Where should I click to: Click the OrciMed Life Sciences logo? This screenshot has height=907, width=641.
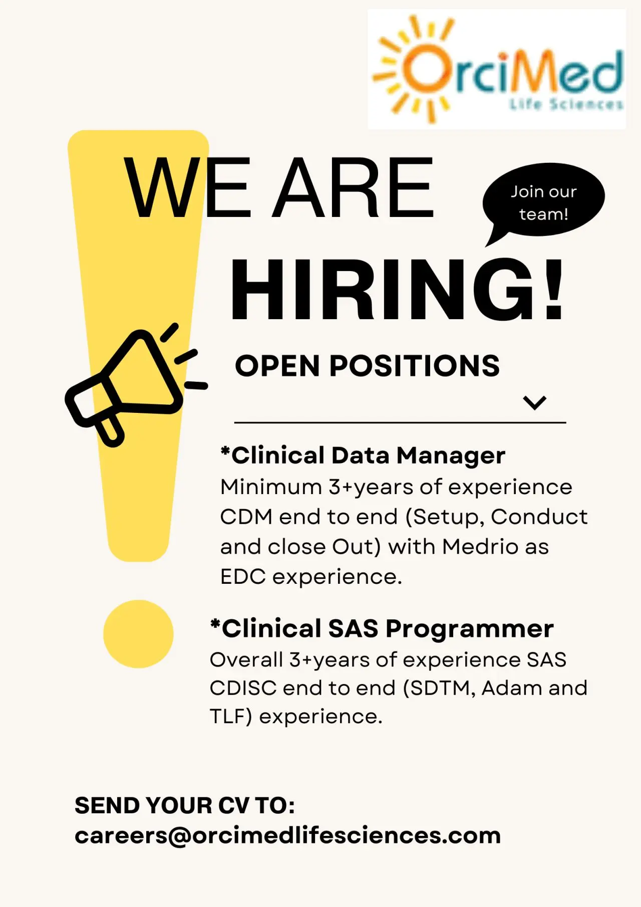tap(497, 69)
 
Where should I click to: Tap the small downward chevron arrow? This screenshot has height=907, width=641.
tap(534, 402)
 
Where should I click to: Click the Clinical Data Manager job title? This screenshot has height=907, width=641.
tap(363, 456)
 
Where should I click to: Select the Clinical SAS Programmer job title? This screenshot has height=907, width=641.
tap(382, 628)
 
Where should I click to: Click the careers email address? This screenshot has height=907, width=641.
tap(288, 835)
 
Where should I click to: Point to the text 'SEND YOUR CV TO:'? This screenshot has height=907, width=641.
tap(185, 805)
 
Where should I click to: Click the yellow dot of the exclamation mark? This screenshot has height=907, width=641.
tap(138, 634)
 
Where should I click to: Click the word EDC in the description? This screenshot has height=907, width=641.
tap(243, 576)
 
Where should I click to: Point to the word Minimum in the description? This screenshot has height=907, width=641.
tap(271, 487)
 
